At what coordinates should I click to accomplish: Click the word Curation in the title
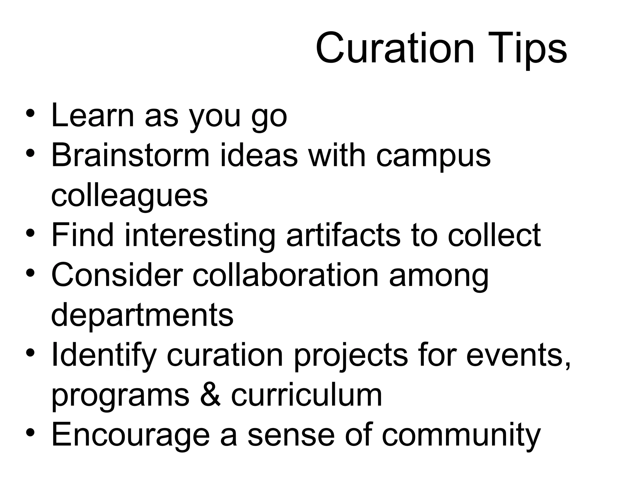[395, 49]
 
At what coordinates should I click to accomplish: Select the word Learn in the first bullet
[93, 116]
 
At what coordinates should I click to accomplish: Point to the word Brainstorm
[130, 155]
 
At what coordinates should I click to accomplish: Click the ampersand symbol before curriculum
[211, 395]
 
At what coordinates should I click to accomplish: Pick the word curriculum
[306, 395]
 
